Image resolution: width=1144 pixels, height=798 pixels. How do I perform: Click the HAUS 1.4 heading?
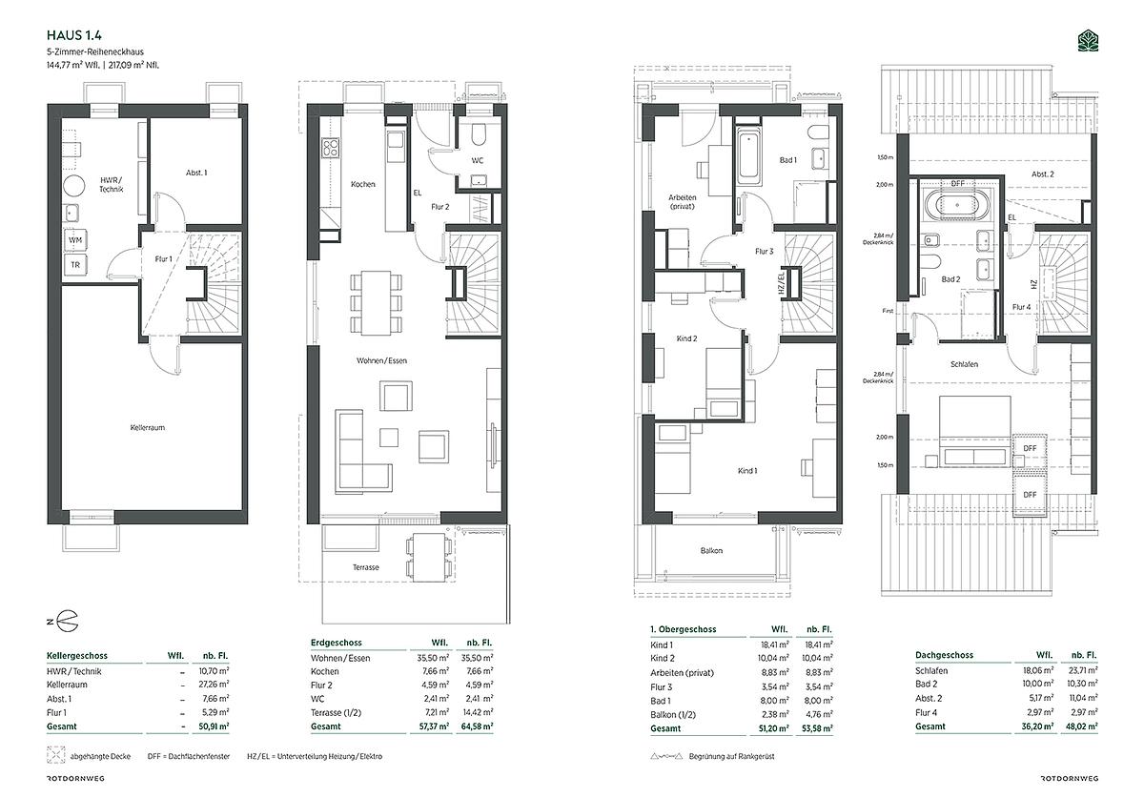pyautogui.click(x=74, y=35)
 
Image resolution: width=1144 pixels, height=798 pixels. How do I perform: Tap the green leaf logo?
pyautogui.click(x=1088, y=42)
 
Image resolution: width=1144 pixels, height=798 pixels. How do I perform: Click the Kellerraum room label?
pyautogui.click(x=148, y=428)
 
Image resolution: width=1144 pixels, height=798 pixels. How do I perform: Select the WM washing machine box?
pyautogui.click(x=75, y=240)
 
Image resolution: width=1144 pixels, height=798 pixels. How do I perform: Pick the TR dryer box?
pyautogui.click(x=75, y=265)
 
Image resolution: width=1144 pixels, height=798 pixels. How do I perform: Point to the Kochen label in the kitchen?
pyautogui.click(x=362, y=184)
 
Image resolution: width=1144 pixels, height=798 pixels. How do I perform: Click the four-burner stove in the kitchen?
pyautogui.click(x=331, y=148)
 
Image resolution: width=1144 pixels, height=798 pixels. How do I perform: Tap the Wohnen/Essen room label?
pyautogui.click(x=381, y=360)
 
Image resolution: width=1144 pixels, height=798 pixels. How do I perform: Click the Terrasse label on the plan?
pyautogui.click(x=366, y=567)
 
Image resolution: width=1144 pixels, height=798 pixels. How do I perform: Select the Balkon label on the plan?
pyautogui.click(x=711, y=550)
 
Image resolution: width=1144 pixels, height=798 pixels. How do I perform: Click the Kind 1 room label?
pyautogui.click(x=747, y=471)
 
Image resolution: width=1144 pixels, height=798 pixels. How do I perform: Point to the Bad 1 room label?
pyautogui.click(x=788, y=160)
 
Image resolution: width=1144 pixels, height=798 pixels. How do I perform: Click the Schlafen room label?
pyautogui.click(x=964, y=364)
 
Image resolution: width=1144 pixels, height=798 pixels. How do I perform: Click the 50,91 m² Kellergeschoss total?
pyautogui.click(x=214, y=726)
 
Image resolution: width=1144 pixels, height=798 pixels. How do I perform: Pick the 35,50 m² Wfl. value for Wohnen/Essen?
pyautogui.click(x=433, y=658)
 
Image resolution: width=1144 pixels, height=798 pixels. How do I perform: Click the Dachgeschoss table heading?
pyautogui.click(x=945, y=655)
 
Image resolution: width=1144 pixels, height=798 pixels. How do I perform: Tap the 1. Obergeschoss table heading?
pyautogui.click(x=684, y=629)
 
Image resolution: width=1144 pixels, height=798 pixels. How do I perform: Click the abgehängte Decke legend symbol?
pyautogui.click(x=55, y=755)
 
